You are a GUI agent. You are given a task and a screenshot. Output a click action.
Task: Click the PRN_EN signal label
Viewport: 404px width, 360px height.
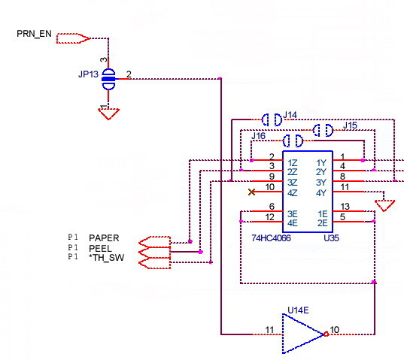[x=34, y=34]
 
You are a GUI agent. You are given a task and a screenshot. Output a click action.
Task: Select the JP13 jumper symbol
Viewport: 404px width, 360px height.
[x=108, y=79]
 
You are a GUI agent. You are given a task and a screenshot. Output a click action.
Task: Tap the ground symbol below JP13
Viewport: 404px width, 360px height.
[x=108, y=114]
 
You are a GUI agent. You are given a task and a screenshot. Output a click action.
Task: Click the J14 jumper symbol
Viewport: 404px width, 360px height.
[x=272, y=119]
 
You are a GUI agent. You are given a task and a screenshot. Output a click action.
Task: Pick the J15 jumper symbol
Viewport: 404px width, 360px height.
[x=323, y=130]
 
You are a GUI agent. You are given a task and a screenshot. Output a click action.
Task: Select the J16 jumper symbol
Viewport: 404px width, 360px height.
[x=293, y=141]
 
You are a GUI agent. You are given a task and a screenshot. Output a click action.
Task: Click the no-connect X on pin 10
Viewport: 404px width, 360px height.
[x=252, y=192]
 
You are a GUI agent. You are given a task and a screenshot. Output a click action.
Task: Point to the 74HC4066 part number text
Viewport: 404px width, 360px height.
[x=271, y=238]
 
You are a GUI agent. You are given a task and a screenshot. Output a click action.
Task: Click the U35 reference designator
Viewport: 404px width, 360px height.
[x=331, y=238]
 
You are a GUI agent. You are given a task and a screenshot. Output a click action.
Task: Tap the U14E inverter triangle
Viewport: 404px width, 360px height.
[x=303, y=334]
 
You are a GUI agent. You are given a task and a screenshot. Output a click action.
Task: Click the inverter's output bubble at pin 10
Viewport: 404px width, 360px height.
[x=326, y=334]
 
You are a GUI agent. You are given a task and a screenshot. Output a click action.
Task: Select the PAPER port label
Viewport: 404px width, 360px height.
[x=104, y=238]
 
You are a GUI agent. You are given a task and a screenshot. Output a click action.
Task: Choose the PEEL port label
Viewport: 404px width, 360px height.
[x=100, y=249]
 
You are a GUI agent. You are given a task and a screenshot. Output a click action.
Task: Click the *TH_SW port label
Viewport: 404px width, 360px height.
[x=106, y=258]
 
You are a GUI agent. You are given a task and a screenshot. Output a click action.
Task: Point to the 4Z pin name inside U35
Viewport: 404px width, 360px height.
[x=293, y=193]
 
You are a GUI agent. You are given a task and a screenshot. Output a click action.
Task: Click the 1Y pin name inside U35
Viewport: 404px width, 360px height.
[x=321, y=163]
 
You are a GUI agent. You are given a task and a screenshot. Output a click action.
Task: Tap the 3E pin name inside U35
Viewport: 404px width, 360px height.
[x=293, y=214]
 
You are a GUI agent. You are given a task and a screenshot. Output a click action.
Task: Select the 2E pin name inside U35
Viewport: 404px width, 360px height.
[x=322, y=223]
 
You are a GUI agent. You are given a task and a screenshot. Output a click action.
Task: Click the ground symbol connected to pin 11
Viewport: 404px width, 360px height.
[x=384, y=206]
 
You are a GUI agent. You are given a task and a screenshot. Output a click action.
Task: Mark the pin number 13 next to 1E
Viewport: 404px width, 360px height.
[x=345, y=207]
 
